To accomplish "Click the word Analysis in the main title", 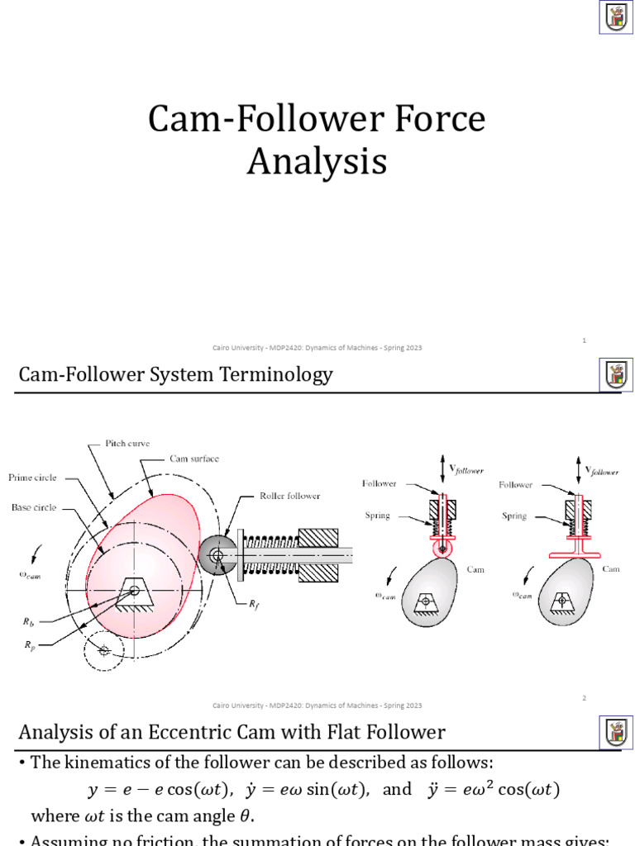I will [317, 161].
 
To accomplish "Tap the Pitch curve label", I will [127, 444].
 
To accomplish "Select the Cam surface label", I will [194, 459].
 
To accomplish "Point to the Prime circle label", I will [32, 478].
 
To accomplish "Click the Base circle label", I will [34, 507].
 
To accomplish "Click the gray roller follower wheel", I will [217, 558].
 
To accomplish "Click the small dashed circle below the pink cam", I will [103, 651].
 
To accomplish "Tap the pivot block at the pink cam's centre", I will [132, 589].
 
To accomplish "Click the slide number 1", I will [584, 340].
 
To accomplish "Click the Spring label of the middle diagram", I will [378, 516].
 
